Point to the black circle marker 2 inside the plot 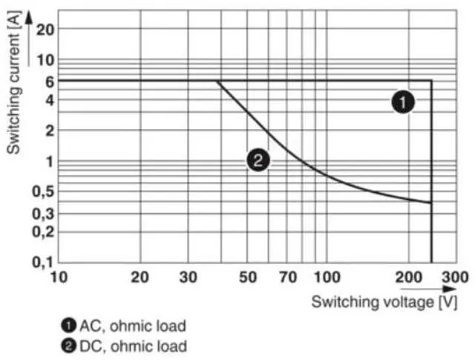pos(258,159)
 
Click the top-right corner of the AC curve pos(431,80)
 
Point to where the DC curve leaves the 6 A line pos(217,81)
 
